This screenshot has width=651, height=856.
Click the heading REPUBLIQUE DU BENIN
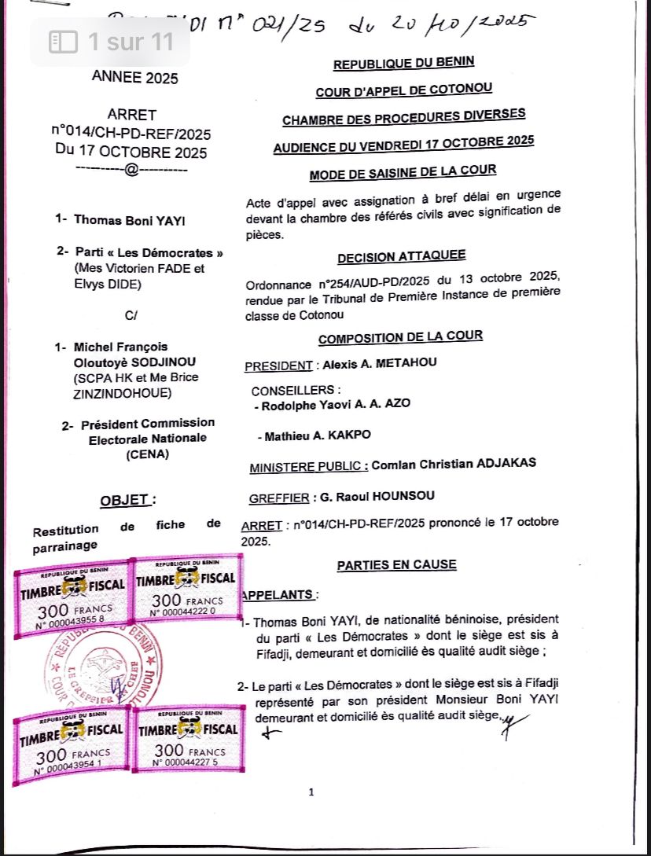(x=403, y=64)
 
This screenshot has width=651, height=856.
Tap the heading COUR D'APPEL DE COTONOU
(x=404, y=91)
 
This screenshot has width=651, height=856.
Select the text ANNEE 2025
(x=135, y=77)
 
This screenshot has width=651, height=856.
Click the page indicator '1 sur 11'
(x=111, y=42)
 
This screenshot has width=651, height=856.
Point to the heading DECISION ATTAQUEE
(x=401, y=256)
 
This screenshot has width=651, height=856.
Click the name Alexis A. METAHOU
(x=376, y=362)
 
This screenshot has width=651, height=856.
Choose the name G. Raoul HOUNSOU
(x=373, y=496)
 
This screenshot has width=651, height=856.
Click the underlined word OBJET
(x=124, y=500)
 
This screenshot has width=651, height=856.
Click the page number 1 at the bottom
(x=311, y=792)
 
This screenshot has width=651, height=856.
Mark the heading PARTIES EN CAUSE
(x=396, y=564)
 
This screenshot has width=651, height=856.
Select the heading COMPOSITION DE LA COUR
(x=400, y=337)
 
